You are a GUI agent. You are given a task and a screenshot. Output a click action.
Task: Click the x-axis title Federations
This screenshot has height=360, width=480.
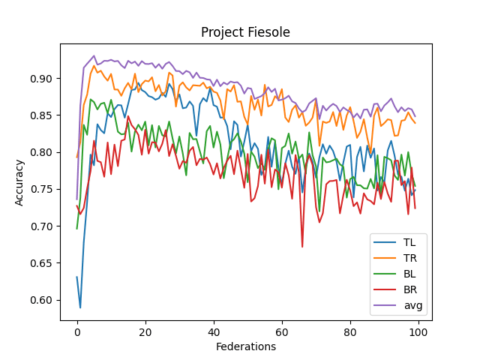point(246,346)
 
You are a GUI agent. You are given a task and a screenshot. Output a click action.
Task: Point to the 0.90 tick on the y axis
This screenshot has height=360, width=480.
point(43,79)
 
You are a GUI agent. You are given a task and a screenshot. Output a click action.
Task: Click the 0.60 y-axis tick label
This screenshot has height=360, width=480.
point(43,300)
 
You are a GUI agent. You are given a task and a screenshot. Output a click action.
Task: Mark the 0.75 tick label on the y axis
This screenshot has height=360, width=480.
point(43,190)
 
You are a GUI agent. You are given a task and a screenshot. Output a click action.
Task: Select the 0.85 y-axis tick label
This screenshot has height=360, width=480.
point(43,115)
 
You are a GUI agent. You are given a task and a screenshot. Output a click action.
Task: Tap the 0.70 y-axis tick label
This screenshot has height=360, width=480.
point(43,226)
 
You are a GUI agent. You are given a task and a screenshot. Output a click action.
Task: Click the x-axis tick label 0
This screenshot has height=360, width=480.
point(77,331)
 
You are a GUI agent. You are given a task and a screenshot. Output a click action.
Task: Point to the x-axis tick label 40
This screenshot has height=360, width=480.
point(214,331)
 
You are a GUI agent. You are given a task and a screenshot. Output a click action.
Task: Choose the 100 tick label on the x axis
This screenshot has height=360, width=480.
point(418,331)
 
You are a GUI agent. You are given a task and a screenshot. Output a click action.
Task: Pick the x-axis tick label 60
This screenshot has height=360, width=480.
point(282,331)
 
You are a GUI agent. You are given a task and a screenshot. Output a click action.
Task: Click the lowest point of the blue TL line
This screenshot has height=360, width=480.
point(80,307)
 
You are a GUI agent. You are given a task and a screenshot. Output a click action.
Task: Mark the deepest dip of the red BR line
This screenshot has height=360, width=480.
point(302,247)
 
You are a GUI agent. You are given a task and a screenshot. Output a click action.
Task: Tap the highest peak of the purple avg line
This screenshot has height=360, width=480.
point(94,55)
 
